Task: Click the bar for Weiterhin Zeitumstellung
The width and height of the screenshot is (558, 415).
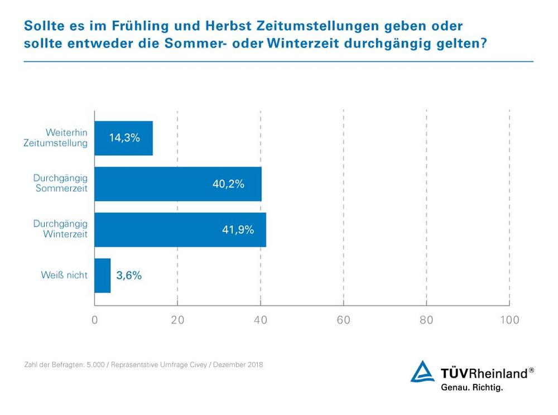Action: [x=123, y=138]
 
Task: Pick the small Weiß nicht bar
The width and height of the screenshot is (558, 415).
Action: [x=103, y=276]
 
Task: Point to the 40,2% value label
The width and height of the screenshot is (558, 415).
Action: [x=228, y=184]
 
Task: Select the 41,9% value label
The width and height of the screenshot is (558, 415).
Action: [x=238, y=230]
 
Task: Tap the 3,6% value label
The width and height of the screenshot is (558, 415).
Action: [x=129, y=276]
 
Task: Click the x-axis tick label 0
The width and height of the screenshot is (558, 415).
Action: [x=94, y=320]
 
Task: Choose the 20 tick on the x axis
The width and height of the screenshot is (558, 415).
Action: [x=177, y=320]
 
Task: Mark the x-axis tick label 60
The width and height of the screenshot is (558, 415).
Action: [x=343, y=320]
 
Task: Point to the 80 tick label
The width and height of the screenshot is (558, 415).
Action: [x=426, y=320]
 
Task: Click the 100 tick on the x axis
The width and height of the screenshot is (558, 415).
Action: [x=509, y=320]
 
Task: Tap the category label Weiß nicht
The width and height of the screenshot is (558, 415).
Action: [x=64, y=275]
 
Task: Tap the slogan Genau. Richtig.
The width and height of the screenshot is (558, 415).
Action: [x=472, y=387]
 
